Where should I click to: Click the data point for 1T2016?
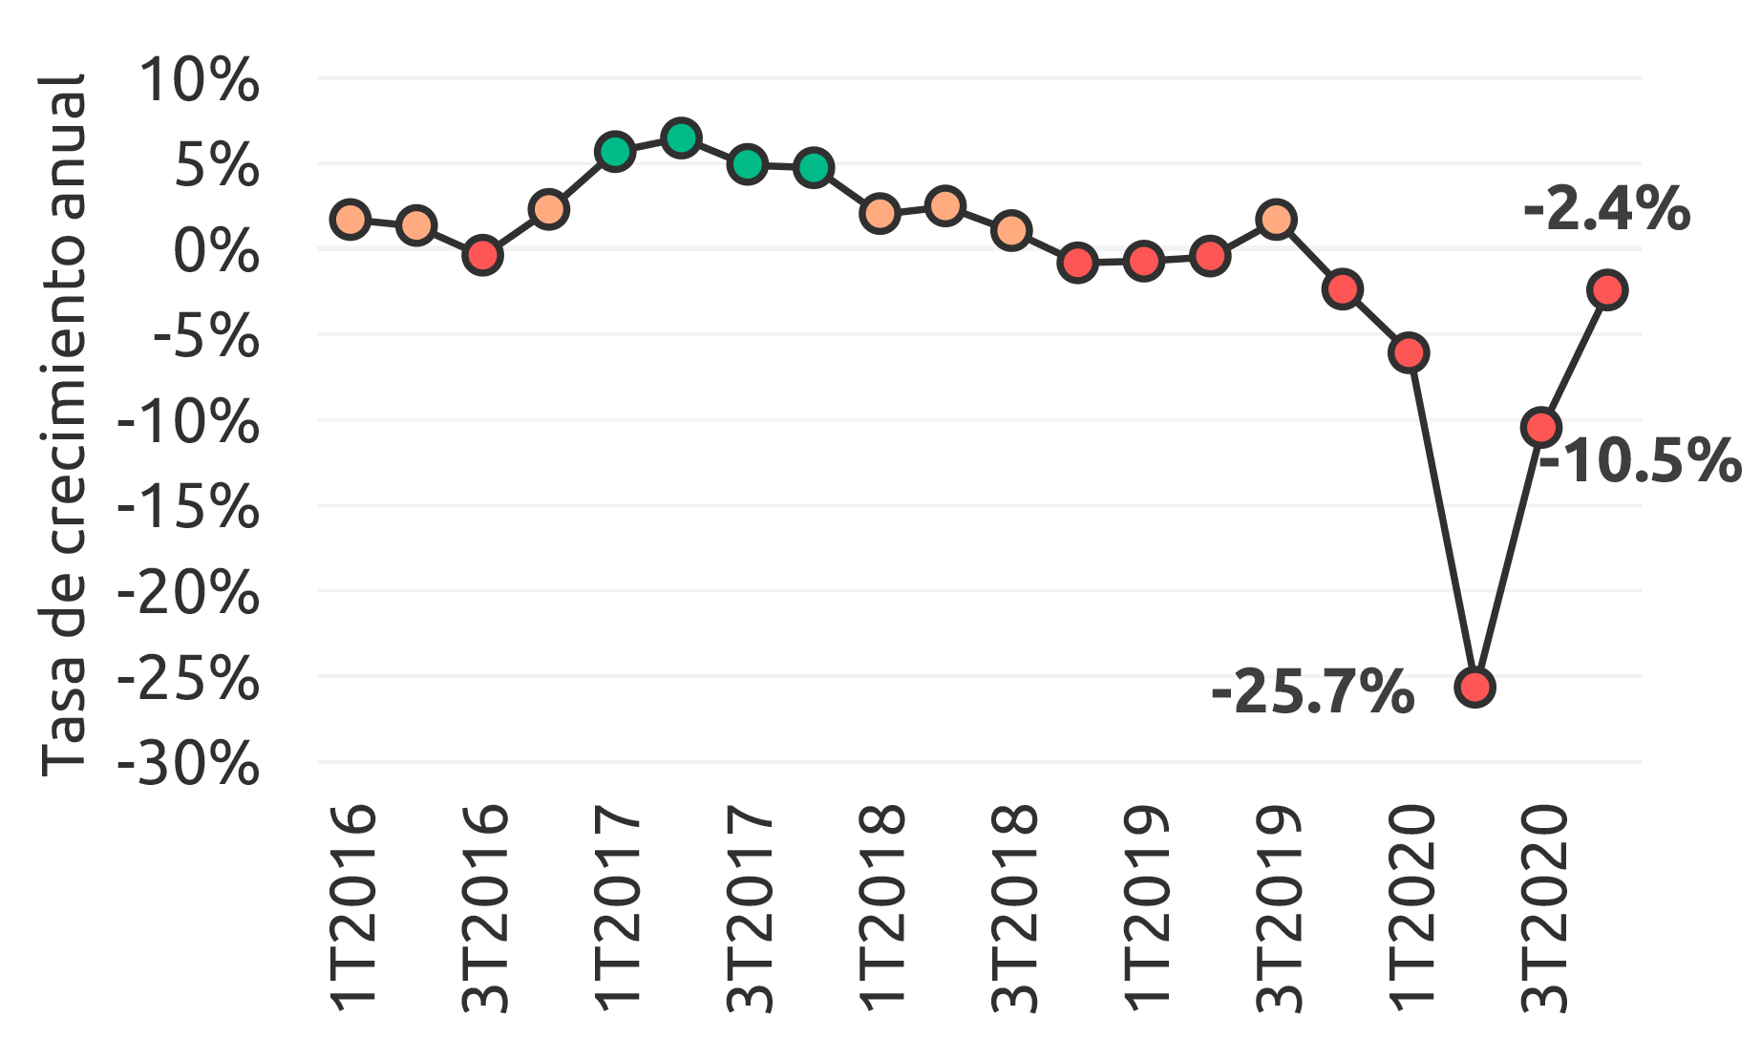tap(350, 220)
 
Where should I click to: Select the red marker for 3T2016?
tap(483, 255)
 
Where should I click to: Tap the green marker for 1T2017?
tap(615, 151)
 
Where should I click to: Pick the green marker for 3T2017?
tap(748, 164)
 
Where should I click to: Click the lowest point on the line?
tap(1475, 687)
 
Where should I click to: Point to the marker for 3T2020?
tap(1541, 427)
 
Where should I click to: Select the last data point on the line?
tap(1607, 289)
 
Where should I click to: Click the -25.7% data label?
tap(1312, 692)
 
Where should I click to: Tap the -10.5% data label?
tap(1639, 461)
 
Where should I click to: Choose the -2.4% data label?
tap(1606, 210)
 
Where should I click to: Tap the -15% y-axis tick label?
tap(188, 507)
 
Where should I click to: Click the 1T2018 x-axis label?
tap(881, 907)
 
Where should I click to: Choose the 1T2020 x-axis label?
tap(1411, 907)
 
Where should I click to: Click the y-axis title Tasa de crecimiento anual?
tap(65, 425)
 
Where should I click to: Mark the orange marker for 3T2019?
tap(1277, 220)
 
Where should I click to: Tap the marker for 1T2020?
tap(1410, 352)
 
